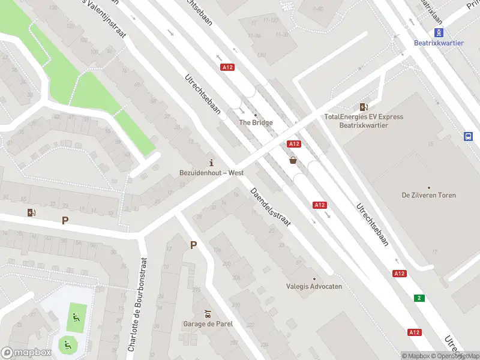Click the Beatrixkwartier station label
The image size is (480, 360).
coord(439,43)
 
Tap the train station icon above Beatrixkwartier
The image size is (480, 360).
coord(439,32)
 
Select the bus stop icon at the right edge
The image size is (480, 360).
coord(468,136)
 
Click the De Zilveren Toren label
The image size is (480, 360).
coord(428,195)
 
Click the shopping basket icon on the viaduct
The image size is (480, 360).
coord(293,160)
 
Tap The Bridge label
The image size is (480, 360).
coord(256,122)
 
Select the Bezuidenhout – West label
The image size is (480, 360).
coord(211,173)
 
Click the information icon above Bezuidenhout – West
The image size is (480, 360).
coord(211,163)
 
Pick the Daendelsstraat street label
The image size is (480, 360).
coord(271,208)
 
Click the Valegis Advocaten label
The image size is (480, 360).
coord(314,286)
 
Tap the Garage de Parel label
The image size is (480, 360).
coord(208,324)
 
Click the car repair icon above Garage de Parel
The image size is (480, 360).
coord(208,314)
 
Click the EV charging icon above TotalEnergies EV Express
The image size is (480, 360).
coord(364,106)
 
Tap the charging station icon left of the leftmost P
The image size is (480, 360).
coord(31,212)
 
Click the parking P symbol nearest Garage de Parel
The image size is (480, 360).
coord(193,245)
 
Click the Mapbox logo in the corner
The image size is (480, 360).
coord(26,353)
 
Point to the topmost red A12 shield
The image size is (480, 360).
coord(227,67)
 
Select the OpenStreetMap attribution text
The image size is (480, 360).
coord(456,356)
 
